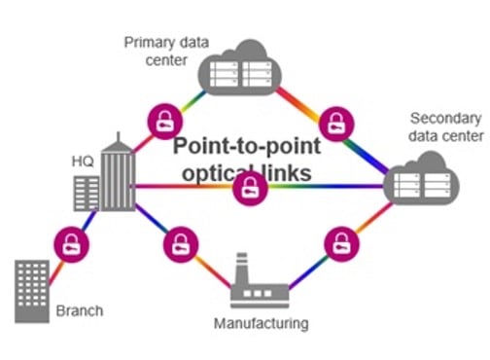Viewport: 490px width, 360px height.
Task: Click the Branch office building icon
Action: click(32, 289)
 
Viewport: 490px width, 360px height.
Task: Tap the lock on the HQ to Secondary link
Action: click(251, 187)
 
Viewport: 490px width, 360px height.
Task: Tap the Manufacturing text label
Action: click(262, 322)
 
